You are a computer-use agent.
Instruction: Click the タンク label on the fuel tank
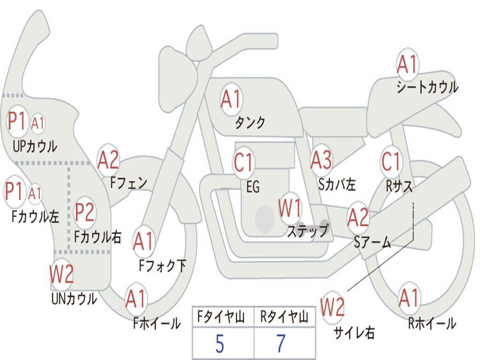pyautogui.click(x=250, y=122)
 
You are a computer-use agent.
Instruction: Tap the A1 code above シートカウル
pyautogui.click(x=407, y=64)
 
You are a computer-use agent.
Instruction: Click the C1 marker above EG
pyautogui.click(x=243, y=162)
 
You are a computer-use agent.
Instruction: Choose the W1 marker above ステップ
pyautogui.click(x=290, y=208)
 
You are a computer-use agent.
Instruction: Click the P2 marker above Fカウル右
pyautogui.click(x=84, y=212)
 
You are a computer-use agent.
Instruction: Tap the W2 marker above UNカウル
pyautogui.click(x=61, y=274)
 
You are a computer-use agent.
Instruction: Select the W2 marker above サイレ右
pyautogui.click(x=332, y=307)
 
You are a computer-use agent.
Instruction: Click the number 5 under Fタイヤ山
pyautogui.click(x=219, y=344)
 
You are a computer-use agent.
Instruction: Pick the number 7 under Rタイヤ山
pyautogui.click(x=281, y=344)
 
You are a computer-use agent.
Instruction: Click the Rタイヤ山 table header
pyautogui.click(x=285, y=317)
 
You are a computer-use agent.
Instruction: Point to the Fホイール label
pyautogui.click(x=157, y=323)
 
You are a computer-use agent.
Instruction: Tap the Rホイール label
pyautogui.click(x=432, y=323)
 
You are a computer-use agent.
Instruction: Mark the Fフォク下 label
pyautogui.click(x=162, y=265)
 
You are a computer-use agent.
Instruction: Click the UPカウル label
pyautogui.click(x=35, y=146)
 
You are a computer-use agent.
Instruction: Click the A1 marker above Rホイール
pyautogui.click(x=409, y=298)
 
